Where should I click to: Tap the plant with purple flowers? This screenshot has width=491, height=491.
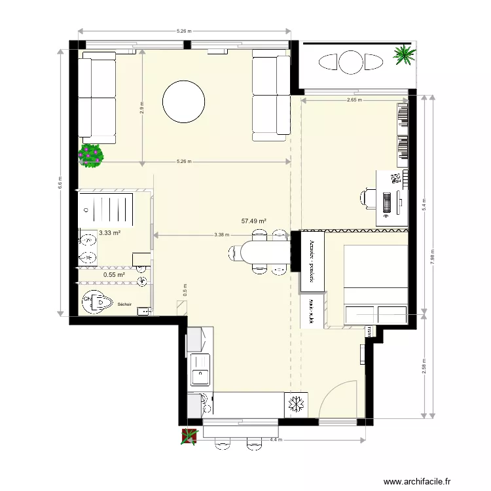(x=91, y=155)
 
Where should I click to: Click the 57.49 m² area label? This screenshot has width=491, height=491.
(x=253, y=221)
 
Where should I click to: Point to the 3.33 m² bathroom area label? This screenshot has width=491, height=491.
(x=109, y=232)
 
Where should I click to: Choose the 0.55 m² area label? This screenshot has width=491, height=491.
(x=113, y=275)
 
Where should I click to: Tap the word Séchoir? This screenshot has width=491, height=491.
(x=124, y=304)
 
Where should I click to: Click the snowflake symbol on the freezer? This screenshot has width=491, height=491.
(x=297, y=404)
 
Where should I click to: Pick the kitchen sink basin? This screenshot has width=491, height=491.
(x=198, y=376)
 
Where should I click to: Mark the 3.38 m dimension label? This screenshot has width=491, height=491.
(x=221, y=235)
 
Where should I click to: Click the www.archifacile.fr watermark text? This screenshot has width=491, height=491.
(x=417, y=481)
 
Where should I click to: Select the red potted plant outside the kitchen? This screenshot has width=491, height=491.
(x=189, y=436)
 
